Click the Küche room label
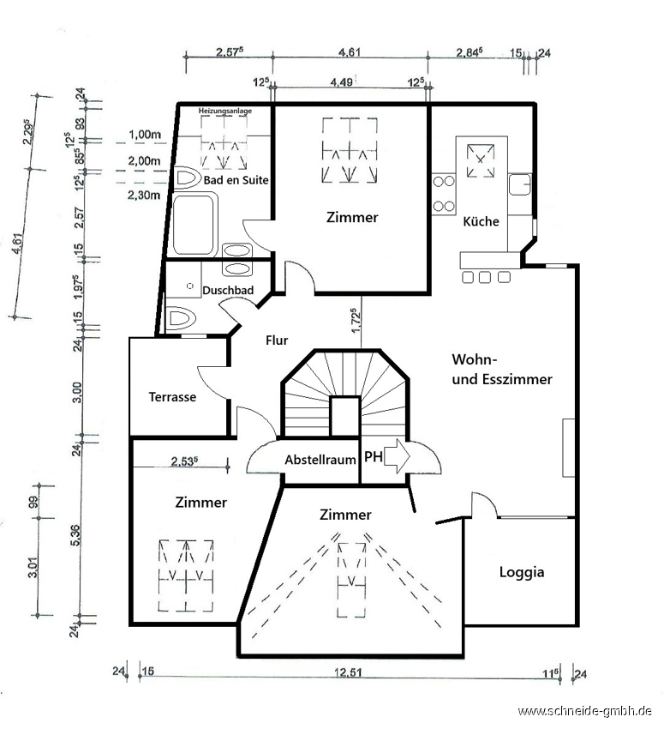tap(481, 221)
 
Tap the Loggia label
tap(522, 572)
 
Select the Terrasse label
tap(172, 397)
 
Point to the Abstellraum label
tap(320, 460)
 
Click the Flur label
tap(277, 340)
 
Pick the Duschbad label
tap(228, 290)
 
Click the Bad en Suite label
tap(236, 180)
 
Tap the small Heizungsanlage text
tap(225, 111)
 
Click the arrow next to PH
tap(398, 456)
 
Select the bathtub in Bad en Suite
tap(194, 225)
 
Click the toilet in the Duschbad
tap(180, 319)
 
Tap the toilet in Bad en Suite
tap(188, 179)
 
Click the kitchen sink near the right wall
tap(519, 185)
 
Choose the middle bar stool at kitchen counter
tap(485, 278)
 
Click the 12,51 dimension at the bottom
tap(349, 672)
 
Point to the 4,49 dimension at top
tap(341, 82)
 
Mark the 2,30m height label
tap(144, 196)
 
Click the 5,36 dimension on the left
tap(76, 535)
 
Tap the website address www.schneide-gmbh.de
tap(584, 711)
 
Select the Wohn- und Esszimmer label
tap(502, 370)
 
